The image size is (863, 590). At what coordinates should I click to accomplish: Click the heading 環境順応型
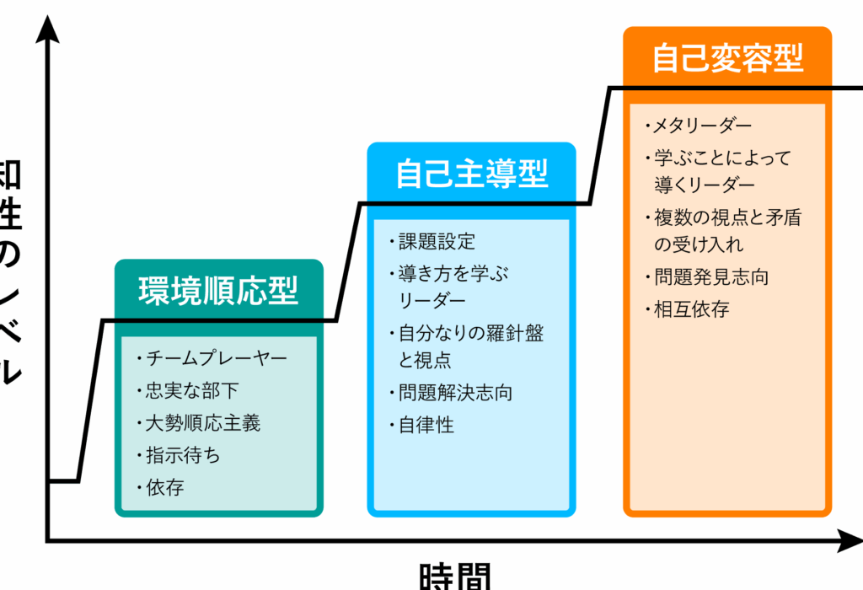(x=218, y=290)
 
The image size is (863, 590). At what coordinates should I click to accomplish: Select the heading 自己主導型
(x=471, y=174)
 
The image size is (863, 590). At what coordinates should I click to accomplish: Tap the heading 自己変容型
(x=727, y=58)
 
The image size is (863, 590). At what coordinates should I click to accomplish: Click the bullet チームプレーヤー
(x=216, y=357)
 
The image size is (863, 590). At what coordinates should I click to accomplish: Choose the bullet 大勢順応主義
(x=203, y=422)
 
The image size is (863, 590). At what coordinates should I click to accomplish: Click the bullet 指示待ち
(x=182, y=455)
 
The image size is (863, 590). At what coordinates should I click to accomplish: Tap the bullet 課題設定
(x=437, y=242)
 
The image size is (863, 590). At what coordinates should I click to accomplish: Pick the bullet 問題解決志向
(x=455, y=392)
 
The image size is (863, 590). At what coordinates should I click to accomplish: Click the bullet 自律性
(x=426, y=425)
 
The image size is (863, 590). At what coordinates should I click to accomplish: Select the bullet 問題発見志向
(x=711, y=276)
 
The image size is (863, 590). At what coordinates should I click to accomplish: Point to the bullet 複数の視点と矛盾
(x=726, y=217)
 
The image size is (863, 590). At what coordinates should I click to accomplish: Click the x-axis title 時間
(x=454, y=577)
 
